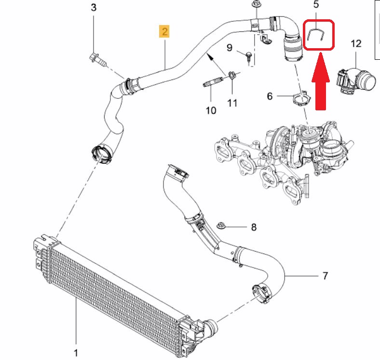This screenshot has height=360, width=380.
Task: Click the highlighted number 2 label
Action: point(165,32)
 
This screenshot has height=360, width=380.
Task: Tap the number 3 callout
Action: point(94,7)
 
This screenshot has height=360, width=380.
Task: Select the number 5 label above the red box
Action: point(316,5)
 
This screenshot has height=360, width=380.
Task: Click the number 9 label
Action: point(230,48)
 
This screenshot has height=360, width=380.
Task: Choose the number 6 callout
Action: point(270,96)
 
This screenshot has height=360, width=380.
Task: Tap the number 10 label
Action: point(211,111)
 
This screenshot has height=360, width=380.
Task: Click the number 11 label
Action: point(232,103)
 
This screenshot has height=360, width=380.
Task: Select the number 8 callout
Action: point(254,227)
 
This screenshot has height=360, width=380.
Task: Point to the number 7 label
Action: point(325,276)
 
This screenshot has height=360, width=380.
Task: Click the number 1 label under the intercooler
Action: point(76,353)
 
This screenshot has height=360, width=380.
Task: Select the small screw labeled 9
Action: point(247,56)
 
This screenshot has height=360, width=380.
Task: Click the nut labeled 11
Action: point(231,76)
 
